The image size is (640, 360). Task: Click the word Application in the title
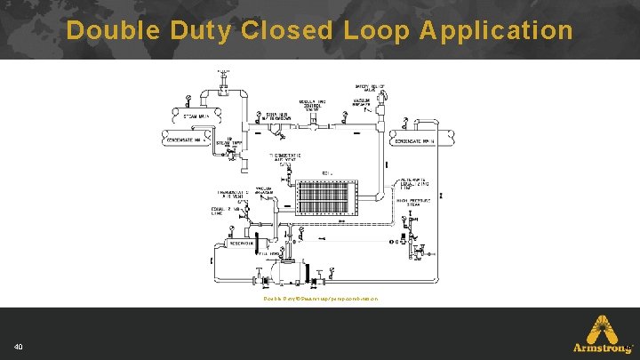point(496,31)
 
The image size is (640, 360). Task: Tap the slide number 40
point(19,347)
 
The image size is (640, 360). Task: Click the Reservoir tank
point(243,241)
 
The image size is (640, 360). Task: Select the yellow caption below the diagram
point(320,299)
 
